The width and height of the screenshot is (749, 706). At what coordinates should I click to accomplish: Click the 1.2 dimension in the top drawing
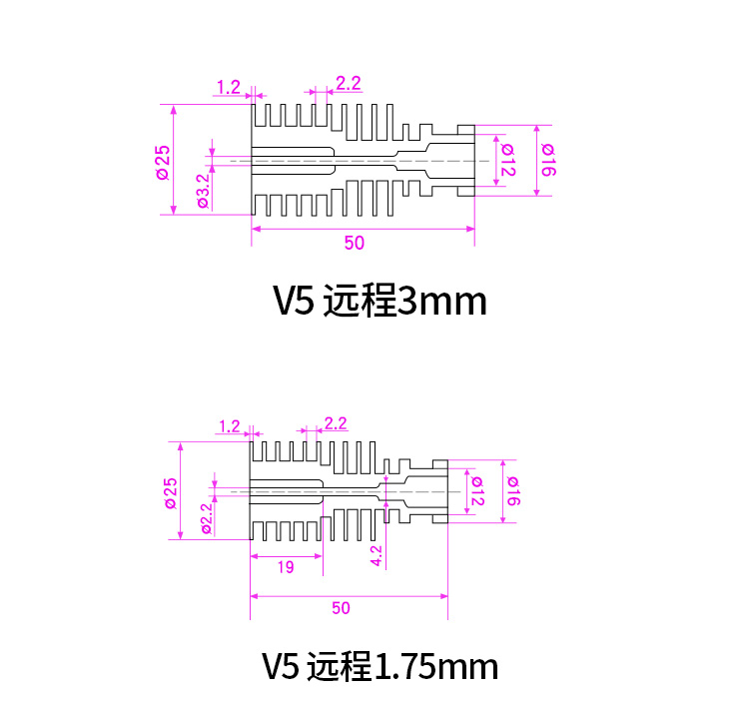[229, 87]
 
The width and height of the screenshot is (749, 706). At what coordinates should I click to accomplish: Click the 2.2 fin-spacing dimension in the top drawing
[348, 84]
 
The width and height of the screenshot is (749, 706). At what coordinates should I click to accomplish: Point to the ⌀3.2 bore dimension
[204, 190]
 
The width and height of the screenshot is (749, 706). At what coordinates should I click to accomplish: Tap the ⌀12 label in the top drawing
[507, 160]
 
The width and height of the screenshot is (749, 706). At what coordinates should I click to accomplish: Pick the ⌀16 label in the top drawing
[548, 160]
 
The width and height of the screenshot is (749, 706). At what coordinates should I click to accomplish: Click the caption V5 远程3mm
[379, 301]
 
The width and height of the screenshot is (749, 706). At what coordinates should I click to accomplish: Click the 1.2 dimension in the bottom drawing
[229, 425]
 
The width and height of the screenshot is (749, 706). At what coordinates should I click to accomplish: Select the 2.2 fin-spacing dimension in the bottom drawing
[335, 423]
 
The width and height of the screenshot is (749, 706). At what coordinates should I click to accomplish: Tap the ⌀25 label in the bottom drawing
[171, 492]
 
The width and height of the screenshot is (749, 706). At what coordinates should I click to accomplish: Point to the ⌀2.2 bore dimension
[207, 518]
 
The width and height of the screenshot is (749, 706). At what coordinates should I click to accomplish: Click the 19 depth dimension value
[285, 567]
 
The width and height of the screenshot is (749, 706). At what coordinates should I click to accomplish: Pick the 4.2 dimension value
[376, 555]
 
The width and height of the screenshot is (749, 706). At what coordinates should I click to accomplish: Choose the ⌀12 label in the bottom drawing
[477, 490]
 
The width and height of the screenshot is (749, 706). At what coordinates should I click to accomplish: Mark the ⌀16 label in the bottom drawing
[512, 490]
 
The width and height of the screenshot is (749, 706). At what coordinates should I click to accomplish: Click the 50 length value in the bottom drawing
[341, 607]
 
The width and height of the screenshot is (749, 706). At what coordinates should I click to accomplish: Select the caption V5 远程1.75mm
[379, 666]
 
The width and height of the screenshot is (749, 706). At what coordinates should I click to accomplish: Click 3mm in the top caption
[441, 301]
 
